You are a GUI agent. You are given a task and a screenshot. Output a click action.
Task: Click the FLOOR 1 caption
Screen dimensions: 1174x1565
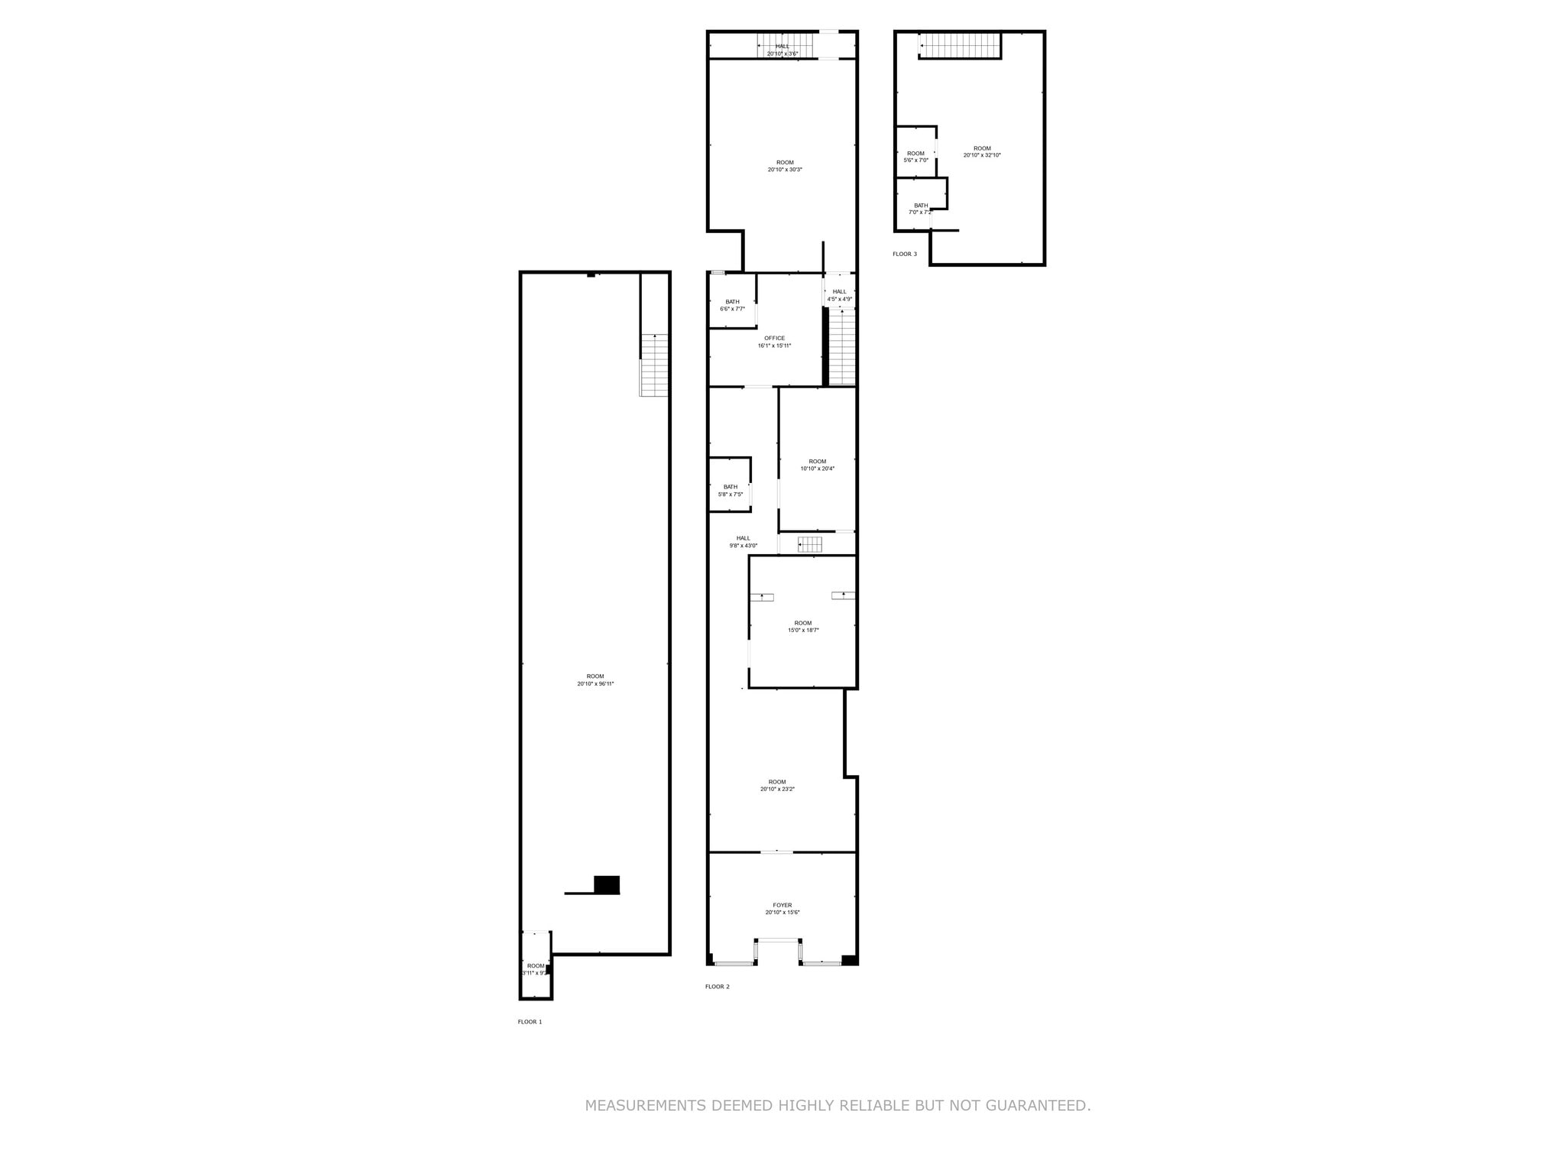pyautogui.click(x=530, y=1021)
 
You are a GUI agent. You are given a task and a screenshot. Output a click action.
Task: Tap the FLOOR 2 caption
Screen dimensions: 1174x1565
pyautogui.click(x=717, y=986)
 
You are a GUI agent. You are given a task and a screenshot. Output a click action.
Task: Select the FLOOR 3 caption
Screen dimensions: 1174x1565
pyautogui.click(x=904, y=254)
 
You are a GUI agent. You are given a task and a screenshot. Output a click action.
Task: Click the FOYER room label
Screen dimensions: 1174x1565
pyautogui.click(x=782, y=905)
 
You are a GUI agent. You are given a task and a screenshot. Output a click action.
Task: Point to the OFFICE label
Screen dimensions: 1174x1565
pyautogui.click(x=774, y=338)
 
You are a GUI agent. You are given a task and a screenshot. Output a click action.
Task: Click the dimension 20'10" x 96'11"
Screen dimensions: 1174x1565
pyautogui.click(x=595, y=684)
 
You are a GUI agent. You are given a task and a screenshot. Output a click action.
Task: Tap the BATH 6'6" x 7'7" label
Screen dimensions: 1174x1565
pyautogui.click(x=732, y=305)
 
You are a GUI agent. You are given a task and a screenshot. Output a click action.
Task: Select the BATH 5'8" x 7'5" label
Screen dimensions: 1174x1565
pyautogui.click(x=731, y=490)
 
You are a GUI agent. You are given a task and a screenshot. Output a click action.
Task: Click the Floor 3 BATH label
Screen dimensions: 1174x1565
pyautogui.click(x=921, y=205)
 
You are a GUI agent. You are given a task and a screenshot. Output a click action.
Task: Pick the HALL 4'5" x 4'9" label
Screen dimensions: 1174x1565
pyautogui.click(x=839, y=295)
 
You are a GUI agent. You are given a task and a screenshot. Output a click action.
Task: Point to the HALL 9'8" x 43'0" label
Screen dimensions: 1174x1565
pyautogui.click(x=743, y=541)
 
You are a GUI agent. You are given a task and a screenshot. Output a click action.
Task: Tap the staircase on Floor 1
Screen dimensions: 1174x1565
pyautogui.click(x=654, y=365)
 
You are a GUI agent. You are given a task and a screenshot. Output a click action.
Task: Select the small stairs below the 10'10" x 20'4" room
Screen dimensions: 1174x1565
pyautogui.click(x=810, y=543)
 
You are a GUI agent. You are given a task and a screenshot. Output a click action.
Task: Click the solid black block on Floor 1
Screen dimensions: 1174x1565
pyautogui.click(x=607, y=884)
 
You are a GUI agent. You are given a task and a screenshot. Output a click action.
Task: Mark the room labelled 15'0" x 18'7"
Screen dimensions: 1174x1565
pyautogui.click(x=803, y=626)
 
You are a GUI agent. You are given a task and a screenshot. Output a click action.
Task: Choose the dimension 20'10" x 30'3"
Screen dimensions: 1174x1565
pyautogui.click(x=785, y=170)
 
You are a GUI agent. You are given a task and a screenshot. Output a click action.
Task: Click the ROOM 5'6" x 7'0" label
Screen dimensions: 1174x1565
pyautogui.click(x=915, y=157)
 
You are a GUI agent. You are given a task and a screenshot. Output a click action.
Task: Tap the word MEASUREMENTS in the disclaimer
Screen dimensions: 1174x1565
pyautogui.click(x=645, y=1105)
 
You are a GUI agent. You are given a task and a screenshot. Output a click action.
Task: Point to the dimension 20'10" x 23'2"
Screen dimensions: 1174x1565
pyautogui.click(x=777, y=789)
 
